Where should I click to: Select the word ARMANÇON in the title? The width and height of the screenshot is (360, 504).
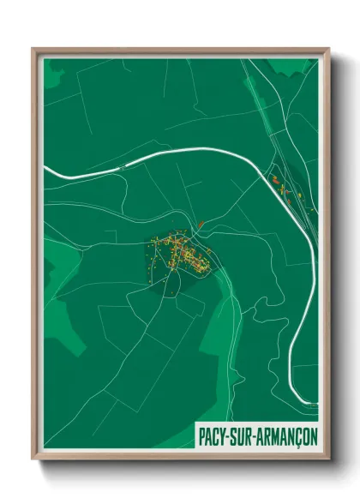tap(289, 435)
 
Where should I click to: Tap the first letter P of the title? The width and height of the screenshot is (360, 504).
tap(202, 435)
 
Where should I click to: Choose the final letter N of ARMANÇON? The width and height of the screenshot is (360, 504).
tap(312, 435)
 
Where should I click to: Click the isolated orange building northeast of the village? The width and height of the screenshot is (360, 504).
tap(201, 225)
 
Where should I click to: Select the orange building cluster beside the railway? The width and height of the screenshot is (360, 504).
tap(279, 185)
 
